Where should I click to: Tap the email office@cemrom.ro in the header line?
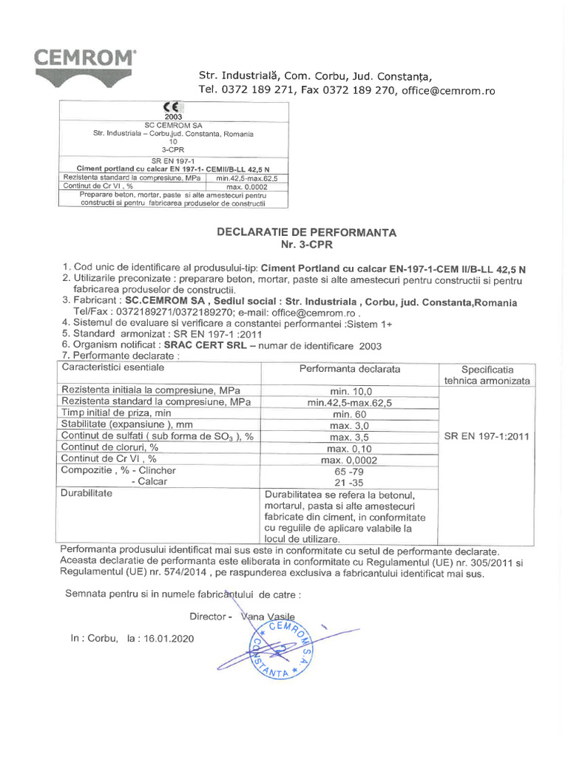pos(448,91)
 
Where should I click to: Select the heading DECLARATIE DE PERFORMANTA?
pos(306,232)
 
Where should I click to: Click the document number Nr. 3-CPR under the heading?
pos(306,244)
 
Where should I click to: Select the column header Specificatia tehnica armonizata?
pos(486,375)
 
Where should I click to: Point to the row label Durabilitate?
pos(87,492)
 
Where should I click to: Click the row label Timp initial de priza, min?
pos(116,414)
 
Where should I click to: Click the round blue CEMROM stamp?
pos(277,648)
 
